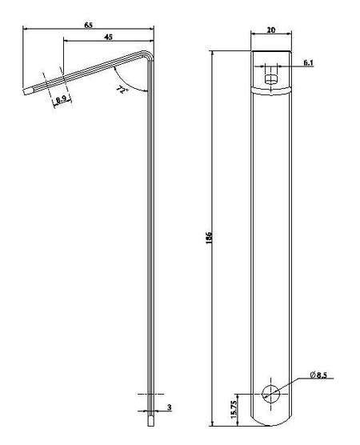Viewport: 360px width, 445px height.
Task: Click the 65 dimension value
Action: pos(88,25)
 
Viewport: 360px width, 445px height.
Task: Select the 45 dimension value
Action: pos(108,37)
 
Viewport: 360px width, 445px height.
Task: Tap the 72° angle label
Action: pos(122,89)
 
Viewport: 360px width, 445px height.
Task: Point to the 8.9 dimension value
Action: pos(61,99)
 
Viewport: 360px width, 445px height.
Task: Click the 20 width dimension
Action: pos(271,30)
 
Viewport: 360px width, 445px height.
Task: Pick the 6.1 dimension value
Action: pos(308,63)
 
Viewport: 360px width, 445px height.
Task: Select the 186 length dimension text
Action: pos(209,238)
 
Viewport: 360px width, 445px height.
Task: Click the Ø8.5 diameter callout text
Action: pos(318,375)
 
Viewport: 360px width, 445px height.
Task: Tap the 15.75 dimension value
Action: pos(234,410)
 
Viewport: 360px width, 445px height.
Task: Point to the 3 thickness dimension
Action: pos(170,407)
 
